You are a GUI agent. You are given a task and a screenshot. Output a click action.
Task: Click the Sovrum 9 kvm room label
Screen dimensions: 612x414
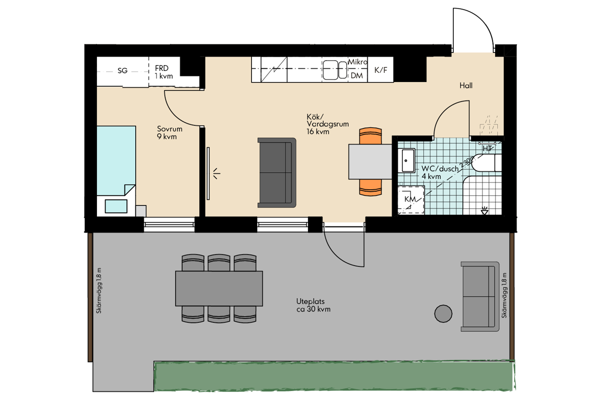tap(169, 133)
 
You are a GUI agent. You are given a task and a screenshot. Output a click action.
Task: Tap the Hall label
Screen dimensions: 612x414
tap(466, 86)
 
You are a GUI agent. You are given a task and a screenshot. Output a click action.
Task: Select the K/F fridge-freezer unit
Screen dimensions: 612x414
tap(380, 70)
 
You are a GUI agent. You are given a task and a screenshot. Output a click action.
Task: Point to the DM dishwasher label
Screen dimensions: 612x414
tap(356, 75)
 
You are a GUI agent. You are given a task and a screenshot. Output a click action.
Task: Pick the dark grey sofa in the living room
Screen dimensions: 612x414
tap(277, 173)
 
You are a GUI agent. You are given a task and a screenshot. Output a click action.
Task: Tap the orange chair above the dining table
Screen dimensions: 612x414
tap(370, 136)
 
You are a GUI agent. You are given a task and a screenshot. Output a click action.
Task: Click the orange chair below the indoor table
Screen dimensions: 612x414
tap(370, 188)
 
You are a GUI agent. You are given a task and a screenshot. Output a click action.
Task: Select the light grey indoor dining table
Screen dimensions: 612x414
tap(370, 162)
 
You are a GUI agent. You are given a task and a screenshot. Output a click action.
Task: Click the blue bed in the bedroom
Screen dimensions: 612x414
tap(116, 161)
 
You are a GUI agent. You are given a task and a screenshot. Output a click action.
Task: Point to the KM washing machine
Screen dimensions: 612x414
tap(411, 200)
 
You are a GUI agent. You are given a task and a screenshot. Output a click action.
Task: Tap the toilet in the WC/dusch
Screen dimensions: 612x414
tap(487, 163)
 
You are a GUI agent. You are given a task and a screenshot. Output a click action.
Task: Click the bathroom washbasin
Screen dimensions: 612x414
tap(406, 160)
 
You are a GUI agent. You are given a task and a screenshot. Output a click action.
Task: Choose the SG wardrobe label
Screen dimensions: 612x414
tap(122, 71)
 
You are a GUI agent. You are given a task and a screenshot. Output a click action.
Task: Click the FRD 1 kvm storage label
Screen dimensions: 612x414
tap(164, 72)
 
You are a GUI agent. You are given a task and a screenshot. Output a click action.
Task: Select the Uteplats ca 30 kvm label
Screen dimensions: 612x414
tap(313, 305)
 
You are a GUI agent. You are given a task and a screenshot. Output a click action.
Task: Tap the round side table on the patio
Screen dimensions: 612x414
tap(443, 314)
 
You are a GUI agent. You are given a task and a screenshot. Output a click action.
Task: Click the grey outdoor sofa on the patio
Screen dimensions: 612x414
tap(480, 297)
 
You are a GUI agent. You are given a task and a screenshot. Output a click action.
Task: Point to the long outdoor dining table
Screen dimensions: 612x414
tap(219, 289)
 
